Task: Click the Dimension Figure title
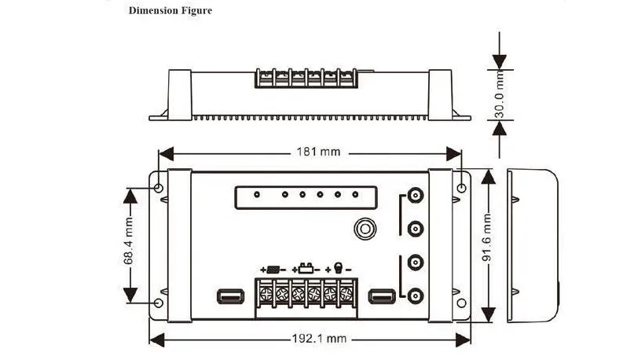coord(170,10)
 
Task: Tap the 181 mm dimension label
coord(319,152)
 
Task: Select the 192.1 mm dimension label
coord(320,339)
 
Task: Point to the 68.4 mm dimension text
coord(128,241)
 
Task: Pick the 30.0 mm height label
coord(500,94)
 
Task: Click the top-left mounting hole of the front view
coord(159,188)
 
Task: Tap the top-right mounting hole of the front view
coord(461,188)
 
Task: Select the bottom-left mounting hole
coord(159,303)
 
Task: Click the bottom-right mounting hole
coord(461,303)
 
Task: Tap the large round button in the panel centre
coord(365,229)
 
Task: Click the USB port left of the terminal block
coord(230,296)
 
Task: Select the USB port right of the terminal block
coord(382,296)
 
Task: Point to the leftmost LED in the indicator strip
coord(257,195)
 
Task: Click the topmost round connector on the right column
coord(416,196)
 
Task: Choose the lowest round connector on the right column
coord(416,296)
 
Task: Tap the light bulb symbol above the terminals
coord(339,268)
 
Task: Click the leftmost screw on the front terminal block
coord(266,294)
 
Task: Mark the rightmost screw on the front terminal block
coord(346,294)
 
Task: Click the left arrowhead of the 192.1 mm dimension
coord(156,340)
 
